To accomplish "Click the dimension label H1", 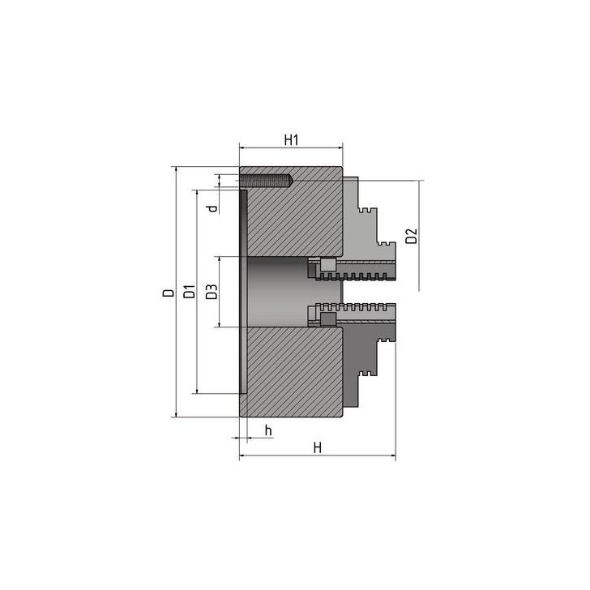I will point(292,139).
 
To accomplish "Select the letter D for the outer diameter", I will point(167,293).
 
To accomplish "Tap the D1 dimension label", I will point(188,293).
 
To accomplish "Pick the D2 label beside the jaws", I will point(411,237).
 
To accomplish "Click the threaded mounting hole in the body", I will point(266,180).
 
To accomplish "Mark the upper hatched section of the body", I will point(292,219).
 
